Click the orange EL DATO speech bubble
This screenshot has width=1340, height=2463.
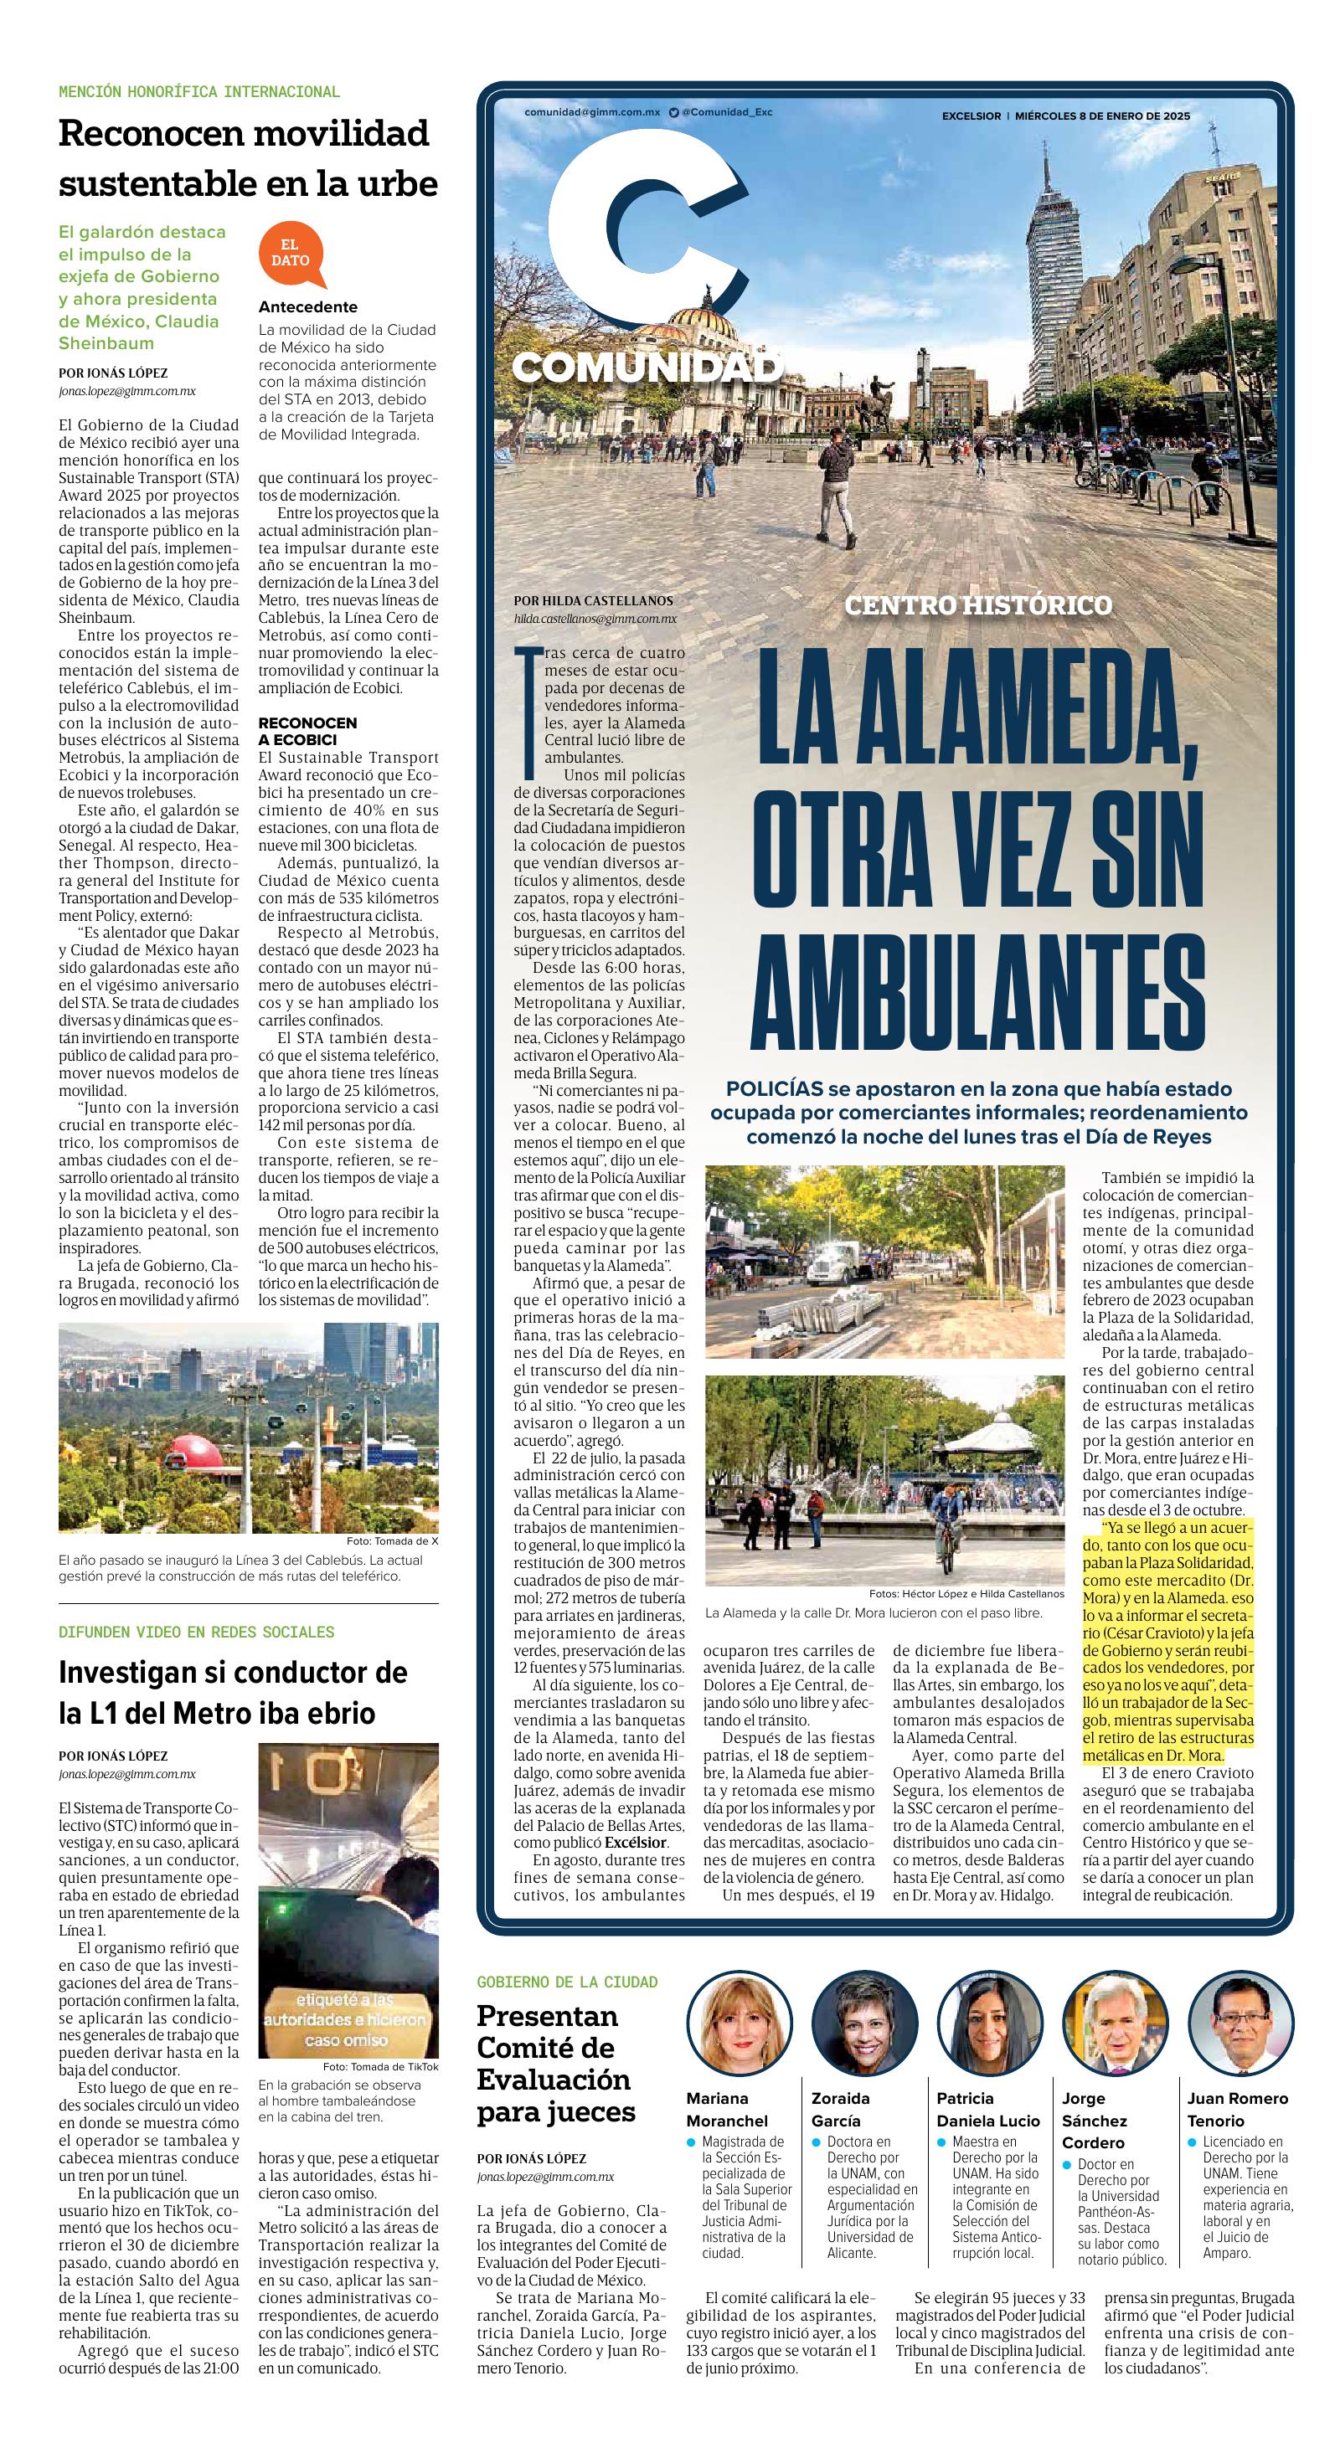(x=290, y=254)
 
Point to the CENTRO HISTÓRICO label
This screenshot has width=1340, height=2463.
(x=978, y=604)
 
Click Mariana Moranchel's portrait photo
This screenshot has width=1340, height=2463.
(x=729, y=2031)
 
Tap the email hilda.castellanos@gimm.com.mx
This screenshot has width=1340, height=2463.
(x=595, y=619)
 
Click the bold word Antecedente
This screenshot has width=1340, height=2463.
(x=308, y=307)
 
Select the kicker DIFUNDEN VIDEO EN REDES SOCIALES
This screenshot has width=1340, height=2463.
(x=196, y=1631)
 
